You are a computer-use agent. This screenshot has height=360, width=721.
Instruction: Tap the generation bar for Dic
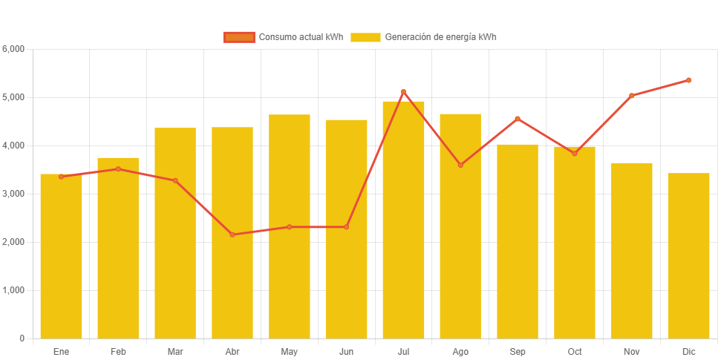[x=688, y=255]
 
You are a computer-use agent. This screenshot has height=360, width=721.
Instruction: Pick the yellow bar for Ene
[x=61, y=256]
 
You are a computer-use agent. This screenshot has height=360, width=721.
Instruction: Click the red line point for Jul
[x=403, y=92]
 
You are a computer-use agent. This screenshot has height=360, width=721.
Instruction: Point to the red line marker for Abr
[x=232, y=235]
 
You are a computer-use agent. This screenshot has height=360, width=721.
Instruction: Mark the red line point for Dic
[x=688, y=80]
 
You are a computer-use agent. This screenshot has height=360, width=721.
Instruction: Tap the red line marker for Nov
[x=632, y=96]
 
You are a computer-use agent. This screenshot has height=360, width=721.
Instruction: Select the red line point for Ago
[x=460, y=165]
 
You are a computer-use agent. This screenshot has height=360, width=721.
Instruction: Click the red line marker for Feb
[x=118, y=169]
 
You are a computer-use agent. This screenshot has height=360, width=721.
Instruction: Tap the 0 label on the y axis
[x=22, y=338]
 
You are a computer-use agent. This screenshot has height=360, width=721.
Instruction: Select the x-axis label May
[x=290, y=351]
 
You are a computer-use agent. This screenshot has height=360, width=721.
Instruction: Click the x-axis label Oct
[x=575, y=351]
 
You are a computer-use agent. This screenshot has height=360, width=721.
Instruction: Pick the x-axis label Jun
[x=346, y=351]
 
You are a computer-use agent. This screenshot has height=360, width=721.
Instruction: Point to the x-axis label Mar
[x=175, y=351]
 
